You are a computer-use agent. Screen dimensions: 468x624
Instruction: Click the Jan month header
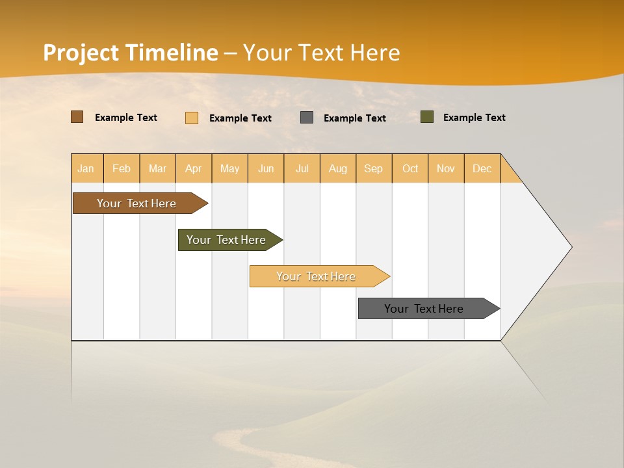[x=86, y=168]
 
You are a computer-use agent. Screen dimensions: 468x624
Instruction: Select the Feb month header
[x=122, y=168]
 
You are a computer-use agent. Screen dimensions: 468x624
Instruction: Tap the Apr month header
[x=194, y=168]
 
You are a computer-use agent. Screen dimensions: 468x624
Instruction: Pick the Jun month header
[x=266, y=168]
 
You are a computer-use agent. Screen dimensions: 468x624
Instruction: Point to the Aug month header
[x=338, y=168]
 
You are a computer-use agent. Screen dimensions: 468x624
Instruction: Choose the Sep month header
[x=374, y=168]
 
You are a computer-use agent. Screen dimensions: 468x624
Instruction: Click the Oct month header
[x=410, y=168]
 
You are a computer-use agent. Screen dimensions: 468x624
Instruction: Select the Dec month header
[x=482, y=168]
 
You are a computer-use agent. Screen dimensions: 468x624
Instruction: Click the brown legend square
[x=77, y=117]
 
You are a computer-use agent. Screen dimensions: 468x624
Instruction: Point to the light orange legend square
[x=192, y=118]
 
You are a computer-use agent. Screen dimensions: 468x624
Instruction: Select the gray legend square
[x=307, y=117]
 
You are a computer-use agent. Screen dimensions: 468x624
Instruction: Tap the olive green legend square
[x=427, y=117]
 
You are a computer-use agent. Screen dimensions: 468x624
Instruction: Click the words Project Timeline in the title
[x=131, y=53]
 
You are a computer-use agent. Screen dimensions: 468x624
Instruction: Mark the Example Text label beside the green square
[x=474, y=118]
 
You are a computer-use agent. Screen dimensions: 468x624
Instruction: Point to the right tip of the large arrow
[x=570, y=247]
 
